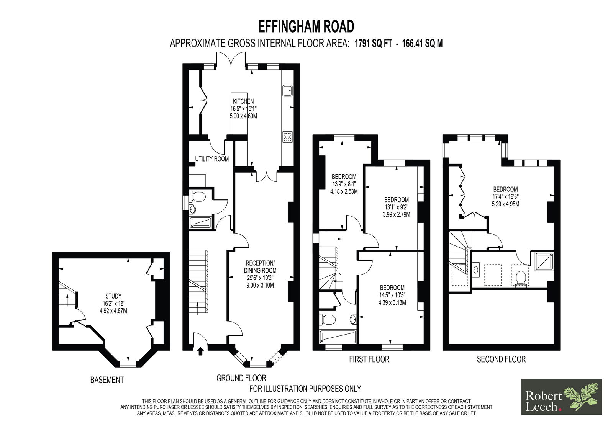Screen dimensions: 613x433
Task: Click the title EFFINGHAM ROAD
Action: (306, 26)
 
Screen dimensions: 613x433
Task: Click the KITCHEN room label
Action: (243, 101)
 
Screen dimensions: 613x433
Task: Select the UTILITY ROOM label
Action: (212, 159)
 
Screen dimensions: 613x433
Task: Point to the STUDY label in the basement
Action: (113, 296)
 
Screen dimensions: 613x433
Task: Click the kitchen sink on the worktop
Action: (287, 91)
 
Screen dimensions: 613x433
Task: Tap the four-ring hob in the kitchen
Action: (287, 137)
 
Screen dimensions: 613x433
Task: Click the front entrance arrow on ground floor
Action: (200, 351)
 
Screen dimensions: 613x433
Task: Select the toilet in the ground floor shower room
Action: (198, 196)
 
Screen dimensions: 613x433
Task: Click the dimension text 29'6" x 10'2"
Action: (260, 278)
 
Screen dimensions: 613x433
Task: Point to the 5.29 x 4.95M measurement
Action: (505, 204)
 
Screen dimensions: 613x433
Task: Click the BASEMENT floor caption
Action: (107, 380)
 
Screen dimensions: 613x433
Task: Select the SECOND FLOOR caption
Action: (502, 359)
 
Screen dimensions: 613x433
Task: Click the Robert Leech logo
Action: (561, 397)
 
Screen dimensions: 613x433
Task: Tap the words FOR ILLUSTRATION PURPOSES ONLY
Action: (305, 389)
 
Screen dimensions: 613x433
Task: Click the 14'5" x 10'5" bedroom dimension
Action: (392, 295)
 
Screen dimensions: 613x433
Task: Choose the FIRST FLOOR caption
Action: (369, 359)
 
